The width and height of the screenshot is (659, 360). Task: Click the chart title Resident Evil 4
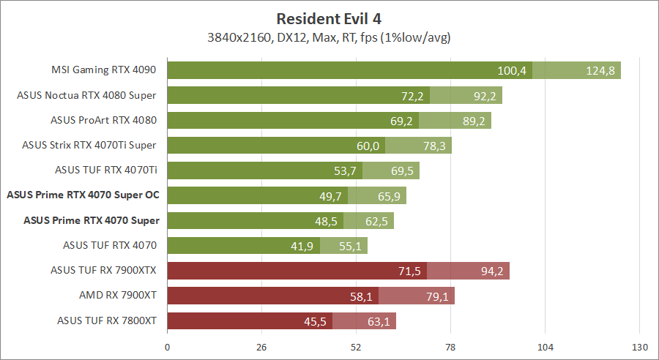(329, 17)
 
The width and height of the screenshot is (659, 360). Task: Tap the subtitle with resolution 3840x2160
(329, 37)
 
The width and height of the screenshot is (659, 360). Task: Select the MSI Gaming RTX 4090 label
(104, 70)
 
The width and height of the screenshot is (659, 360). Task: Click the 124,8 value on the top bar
(600, 70)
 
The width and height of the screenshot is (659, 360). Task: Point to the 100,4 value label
(512, 70)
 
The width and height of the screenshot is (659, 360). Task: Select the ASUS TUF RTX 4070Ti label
(107, 170)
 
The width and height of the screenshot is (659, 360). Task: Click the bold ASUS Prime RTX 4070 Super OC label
(83, 195)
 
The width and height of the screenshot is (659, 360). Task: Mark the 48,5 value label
(326, 220)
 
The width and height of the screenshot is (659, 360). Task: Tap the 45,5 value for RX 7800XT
(317, 320)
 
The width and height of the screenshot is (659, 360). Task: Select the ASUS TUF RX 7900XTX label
(104, 271)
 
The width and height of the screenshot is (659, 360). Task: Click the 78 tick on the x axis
(450, 346)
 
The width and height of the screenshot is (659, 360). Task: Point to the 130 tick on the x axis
(639, 346)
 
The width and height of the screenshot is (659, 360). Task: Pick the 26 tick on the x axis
(261, 346)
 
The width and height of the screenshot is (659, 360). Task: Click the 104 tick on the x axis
(545, 346)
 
